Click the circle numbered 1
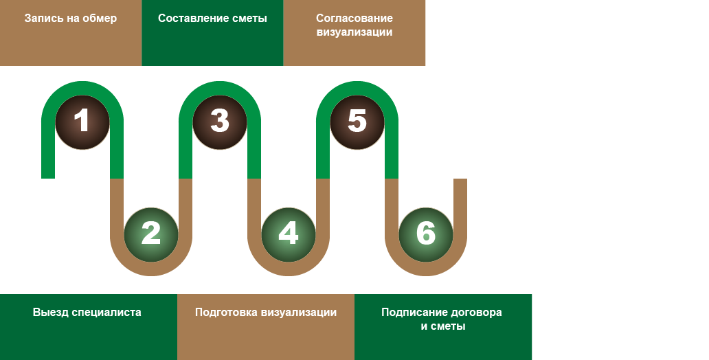pyautogui.click(x=82, y=122)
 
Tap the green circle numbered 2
pyautogui.click(x=151, y=234)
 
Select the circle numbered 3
pyautogui.click(x=220, y=122)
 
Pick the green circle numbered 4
pyautogui.click(x=289, y=234)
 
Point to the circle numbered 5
pyautogui.click(x=357, y=122)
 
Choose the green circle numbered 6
pyautogui.click(x=426, y=234)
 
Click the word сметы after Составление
pyautogui.click(x=249, y=19)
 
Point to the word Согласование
pyautogui.click(x=354, y=19)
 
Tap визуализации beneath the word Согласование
pyautogui.click(x=354, y=32)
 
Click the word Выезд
pyautogui.click(x=51, y=313)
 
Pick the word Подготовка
pyautogui.click(x=226, y=313)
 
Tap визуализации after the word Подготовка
pyautogui.click(x=299, y=313)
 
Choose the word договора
pyautogui.click(x=475, y=313)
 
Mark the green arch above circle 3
pyautogui.click(x=220, y=87)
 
